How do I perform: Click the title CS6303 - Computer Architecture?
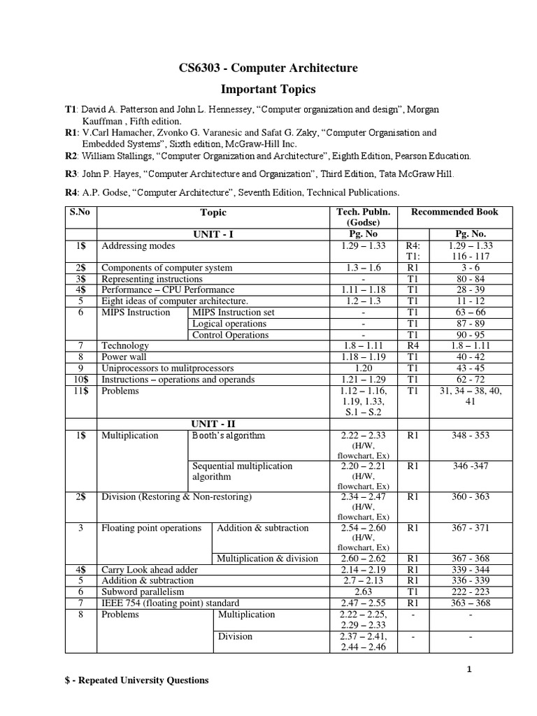(268, 68)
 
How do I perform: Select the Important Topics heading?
(268, 89)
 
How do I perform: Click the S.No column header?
(80, 211)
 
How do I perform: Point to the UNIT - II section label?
(214, 424)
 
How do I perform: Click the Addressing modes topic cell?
(138, 247)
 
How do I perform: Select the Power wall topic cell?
(125, 357)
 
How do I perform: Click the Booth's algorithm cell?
(228, 436)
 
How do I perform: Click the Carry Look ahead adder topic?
(150, 570)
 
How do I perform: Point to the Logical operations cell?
(229, 324)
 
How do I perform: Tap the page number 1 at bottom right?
(470, 669)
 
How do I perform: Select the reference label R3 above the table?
(70, 173)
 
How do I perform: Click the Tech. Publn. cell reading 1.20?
(363, 368)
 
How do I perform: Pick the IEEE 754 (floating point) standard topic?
(171, 603)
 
